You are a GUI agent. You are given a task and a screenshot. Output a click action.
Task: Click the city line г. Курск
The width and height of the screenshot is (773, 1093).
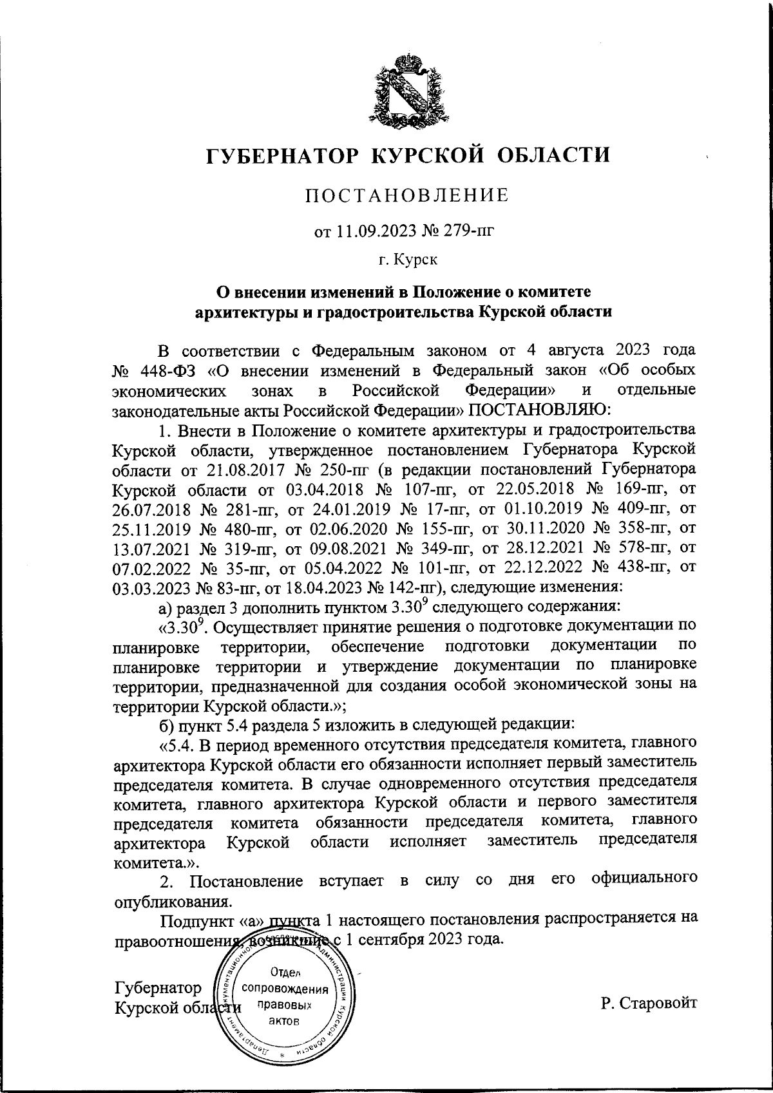[x=407, y=260]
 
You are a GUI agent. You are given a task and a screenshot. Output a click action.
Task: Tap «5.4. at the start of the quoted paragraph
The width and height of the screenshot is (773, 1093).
[x=177, y=746]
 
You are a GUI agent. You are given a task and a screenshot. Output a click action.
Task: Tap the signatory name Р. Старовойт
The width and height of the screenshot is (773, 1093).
[x=648, y=1002]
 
